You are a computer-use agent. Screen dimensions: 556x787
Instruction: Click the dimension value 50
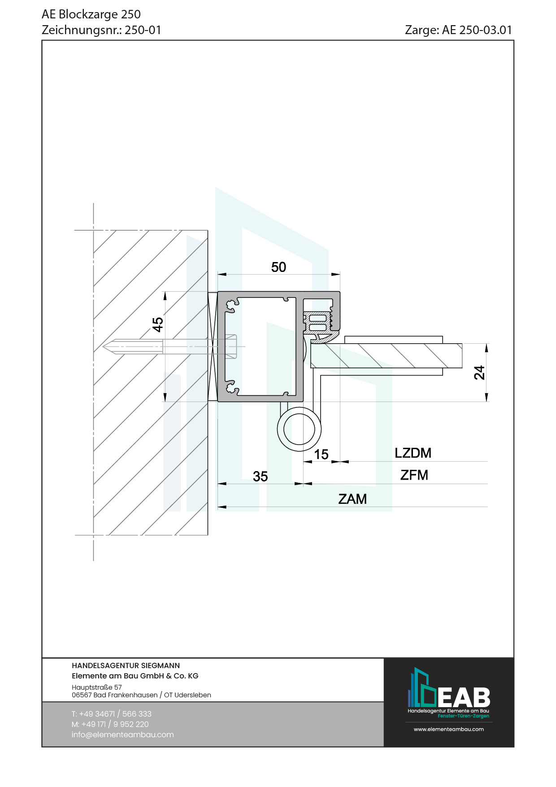point(278,267)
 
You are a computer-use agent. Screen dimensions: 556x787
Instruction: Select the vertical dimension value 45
point(157,324)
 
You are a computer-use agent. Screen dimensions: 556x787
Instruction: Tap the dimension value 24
point(479,372)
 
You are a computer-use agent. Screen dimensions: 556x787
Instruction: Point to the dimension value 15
point(321,455)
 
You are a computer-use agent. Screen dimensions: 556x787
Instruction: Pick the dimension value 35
point(260,476)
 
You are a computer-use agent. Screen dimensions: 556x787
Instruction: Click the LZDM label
point(413,453)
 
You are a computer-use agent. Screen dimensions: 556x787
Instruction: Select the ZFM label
point(414,475)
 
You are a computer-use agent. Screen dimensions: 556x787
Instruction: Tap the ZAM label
point(352,499)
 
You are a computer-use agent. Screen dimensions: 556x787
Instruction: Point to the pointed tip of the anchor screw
point(103,346)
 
